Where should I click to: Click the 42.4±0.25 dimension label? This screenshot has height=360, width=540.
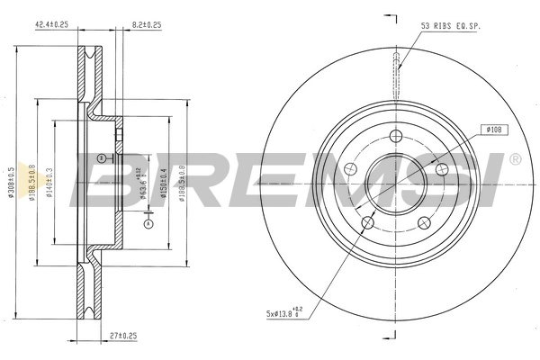(52, 25)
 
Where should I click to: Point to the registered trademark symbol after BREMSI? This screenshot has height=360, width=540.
(514, 160)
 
